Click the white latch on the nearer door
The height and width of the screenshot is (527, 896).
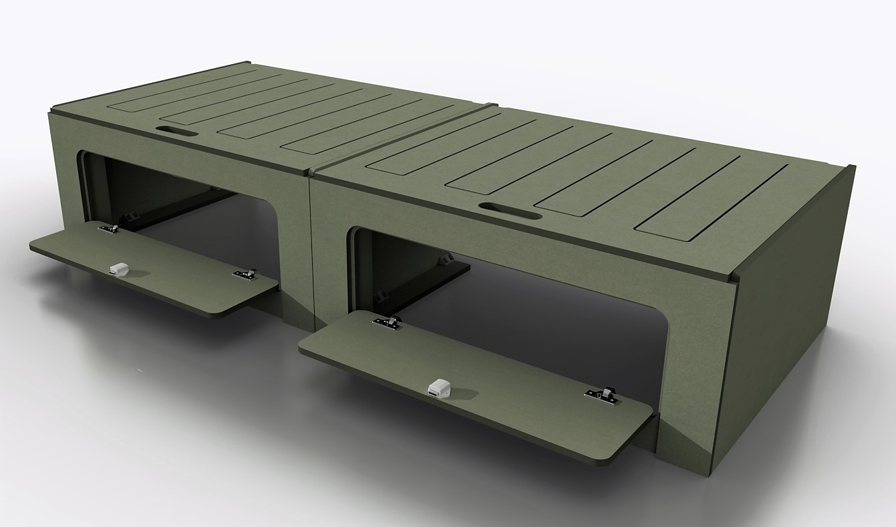(438, 387)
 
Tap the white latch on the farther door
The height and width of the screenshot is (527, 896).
(119, 269)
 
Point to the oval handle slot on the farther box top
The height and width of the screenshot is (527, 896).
(176, 130)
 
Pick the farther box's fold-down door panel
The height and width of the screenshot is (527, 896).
(154, 267)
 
